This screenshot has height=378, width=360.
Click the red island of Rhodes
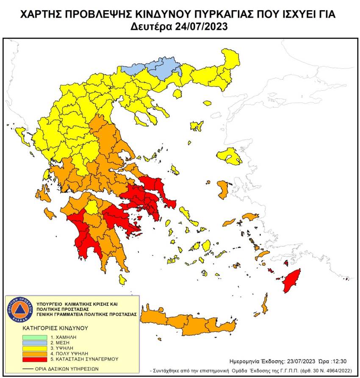click(292, 280)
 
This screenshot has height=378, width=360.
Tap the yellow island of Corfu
click(20, 135)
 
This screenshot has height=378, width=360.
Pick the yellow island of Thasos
click(207, 103)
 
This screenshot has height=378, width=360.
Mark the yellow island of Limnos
click(197, 126)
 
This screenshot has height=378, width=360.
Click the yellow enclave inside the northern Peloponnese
click(92, 207)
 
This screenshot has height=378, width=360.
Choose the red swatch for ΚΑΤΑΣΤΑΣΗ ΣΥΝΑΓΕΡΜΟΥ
click(35, 359)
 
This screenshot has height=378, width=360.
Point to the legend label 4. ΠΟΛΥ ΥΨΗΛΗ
click(72, 353)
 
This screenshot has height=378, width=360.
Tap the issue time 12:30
click(305, 362)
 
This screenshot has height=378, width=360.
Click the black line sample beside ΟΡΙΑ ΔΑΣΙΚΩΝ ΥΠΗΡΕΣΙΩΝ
click(28, 369)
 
